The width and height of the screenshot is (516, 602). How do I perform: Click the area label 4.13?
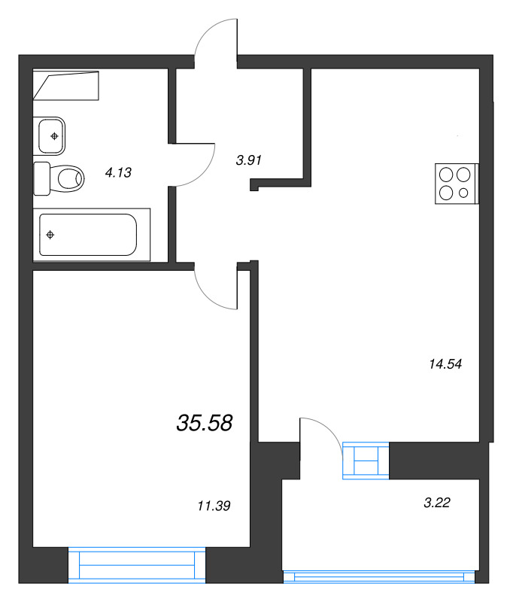(118, 173)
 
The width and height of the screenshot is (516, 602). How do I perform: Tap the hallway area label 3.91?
(249, 160)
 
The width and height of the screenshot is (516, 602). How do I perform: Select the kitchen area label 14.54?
(445, 364)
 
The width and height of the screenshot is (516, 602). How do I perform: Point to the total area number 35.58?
(205, 423)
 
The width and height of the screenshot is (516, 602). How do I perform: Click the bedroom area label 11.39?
(214, 506)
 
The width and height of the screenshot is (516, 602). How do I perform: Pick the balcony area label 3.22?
(436, 503)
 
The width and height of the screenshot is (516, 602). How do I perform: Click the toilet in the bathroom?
(59, 179)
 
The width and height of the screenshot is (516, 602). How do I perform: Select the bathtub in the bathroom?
(91, 235)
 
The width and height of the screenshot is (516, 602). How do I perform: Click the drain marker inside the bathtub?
(50, 235)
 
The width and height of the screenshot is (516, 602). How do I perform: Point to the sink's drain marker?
(54, 136)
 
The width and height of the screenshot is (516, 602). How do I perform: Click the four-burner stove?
(457, 184)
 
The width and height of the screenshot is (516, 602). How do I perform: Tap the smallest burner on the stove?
(463, 193)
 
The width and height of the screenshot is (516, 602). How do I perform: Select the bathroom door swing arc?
(203, 174)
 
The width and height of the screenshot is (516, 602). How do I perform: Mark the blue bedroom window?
(137, 565)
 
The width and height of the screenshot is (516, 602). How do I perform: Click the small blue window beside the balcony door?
(366, 461)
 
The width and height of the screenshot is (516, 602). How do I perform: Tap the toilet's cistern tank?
(41, 179)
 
